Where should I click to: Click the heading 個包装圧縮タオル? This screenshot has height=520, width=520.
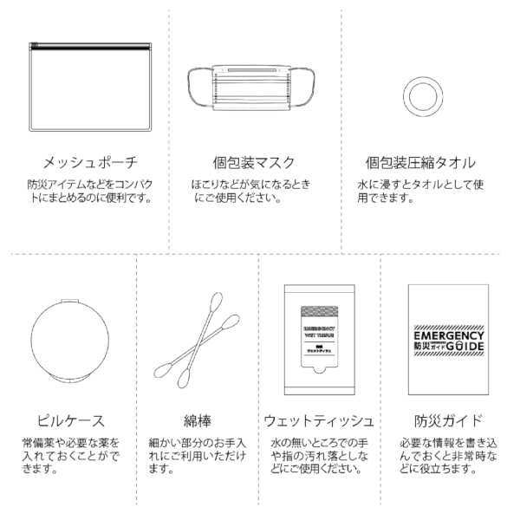pos(421,162)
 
